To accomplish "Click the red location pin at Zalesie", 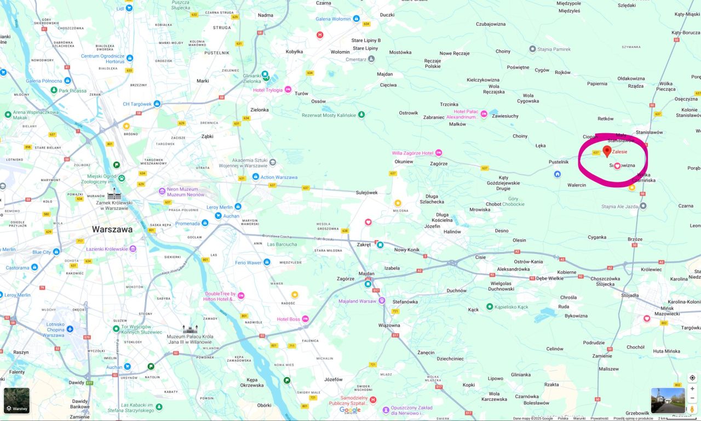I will pyautogui.click(x=607, y=151).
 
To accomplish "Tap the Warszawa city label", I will pyautogui.click(x=112, y=229).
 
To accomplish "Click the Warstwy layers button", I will pyautogui.click(x=16, y=401).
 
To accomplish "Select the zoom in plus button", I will pyautogui.click(x=692, y=389).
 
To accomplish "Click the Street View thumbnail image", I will pyautogui.click(x=668, y=400).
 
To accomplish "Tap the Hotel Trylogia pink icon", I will pyautogui.click(x=288, y=90).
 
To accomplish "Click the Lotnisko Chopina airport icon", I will pyautogui.click(x=70, y=329).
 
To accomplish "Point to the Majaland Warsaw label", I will pyautogui.click(x=357, y=301).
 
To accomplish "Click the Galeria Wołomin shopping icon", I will pyautogui.click(x=357, y=19).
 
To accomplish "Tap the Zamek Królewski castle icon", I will pyautogui.click(x=114, y=194).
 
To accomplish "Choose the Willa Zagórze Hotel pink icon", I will pyautogui.click(x=439, y=153).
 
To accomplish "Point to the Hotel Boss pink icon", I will pyautogui.click(x=306, y=319).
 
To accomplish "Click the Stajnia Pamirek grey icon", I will pyautogui.click(x=532, y=49).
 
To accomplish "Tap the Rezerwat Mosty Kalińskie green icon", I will pyautogui.click(x=361, y=115).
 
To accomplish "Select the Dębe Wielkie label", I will pyautogui.click(x=550, y=278).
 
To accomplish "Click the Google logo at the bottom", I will pyautogui.click(x=350, y=409).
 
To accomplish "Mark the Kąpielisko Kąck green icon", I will pyautogui.click(x=490, y=306).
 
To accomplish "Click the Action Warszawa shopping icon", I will pyautogui.click(x=256, y=177).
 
